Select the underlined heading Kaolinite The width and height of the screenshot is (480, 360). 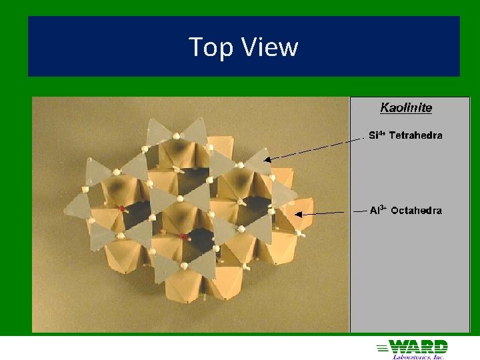[x=406, y=107]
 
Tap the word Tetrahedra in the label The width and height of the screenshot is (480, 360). [x=415, y=135]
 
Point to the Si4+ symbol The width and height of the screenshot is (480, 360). [x=377, y=135]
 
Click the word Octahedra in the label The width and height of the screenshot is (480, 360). [x=416, y=211]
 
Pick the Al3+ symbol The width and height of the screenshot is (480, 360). [x=378, y=211]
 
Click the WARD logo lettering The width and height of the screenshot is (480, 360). [x=418, y=347]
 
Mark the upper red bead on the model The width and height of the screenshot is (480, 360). [x=122, y=209]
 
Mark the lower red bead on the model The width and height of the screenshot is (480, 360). [x=183, y=237]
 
